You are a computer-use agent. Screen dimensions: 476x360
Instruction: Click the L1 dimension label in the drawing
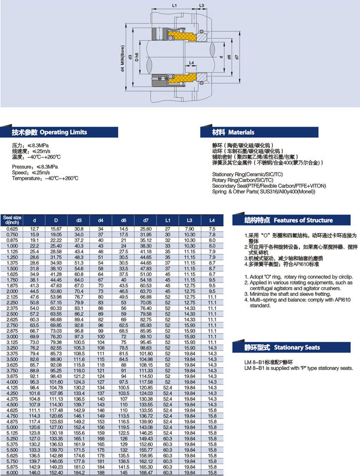[x=174, y=5]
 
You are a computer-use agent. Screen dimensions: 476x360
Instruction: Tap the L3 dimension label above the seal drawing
[x=201, y=5]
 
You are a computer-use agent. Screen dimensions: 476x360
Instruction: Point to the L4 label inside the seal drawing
[x=191, y=63]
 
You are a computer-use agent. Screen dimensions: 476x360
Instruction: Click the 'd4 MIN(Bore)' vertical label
[x=122, y=57]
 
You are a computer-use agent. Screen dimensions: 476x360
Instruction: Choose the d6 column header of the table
[x=123, y=220]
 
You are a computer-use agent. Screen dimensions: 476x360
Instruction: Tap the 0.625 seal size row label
[x=12, y=228]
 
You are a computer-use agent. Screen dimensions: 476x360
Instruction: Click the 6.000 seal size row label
[x=12, y=472]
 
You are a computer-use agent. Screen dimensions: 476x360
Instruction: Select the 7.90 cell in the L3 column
[x=189, y=228]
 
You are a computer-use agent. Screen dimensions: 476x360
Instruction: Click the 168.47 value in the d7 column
[x=146, y=472]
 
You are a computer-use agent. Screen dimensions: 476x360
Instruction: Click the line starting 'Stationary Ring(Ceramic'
[x=246, y=174]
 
